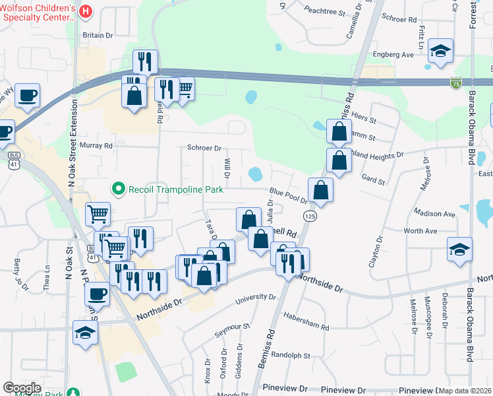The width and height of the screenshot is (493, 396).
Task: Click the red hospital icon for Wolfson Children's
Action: click(85, 11)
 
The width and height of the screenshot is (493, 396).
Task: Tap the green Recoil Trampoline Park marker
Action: click(119, 189)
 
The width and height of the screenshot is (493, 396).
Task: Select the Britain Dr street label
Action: click(98, 36)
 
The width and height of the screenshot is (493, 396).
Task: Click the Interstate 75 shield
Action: click(456, 82)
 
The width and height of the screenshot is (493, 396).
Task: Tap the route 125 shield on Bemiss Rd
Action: click(308, 216)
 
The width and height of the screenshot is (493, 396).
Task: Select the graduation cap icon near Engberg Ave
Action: click(440, 50)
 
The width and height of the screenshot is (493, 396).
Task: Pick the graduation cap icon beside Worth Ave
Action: click(459, 250)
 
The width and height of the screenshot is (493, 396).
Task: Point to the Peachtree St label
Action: click(326, 12)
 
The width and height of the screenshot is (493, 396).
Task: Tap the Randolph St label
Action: click(291, 354)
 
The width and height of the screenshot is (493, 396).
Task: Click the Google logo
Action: click(22, 388)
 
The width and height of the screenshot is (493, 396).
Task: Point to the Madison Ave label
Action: click(434, 214)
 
